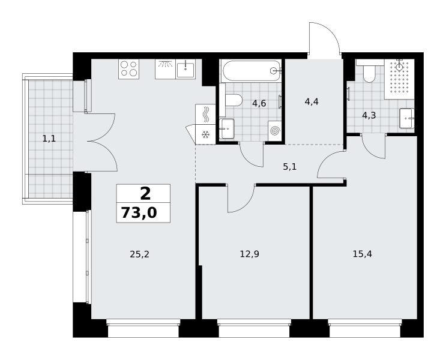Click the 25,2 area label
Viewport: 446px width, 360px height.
coord(139,254)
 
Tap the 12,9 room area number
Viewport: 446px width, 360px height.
coord(250,254)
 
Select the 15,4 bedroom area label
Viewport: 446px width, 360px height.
coord(363,254)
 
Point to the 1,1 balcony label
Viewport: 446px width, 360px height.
coord(49,139)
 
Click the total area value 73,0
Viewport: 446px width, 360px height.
coord(139,213)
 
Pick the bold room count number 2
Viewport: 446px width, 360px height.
coord(145,194)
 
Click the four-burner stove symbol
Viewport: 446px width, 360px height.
coord(129,69)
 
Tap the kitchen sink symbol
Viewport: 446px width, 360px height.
coord(185,70)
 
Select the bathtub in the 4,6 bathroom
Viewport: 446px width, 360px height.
coord(251,71)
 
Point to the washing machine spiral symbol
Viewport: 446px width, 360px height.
coord(275,131)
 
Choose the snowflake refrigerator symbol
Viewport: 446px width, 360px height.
coord(205,134)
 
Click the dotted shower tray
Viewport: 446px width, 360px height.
coord(399,79)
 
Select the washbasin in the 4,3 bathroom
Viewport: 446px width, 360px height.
coord(407,118)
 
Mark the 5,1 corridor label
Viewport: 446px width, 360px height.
coord(289,167)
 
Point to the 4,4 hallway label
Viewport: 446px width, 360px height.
coord(312,101)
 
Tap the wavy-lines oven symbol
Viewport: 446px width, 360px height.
coord(205,115)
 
